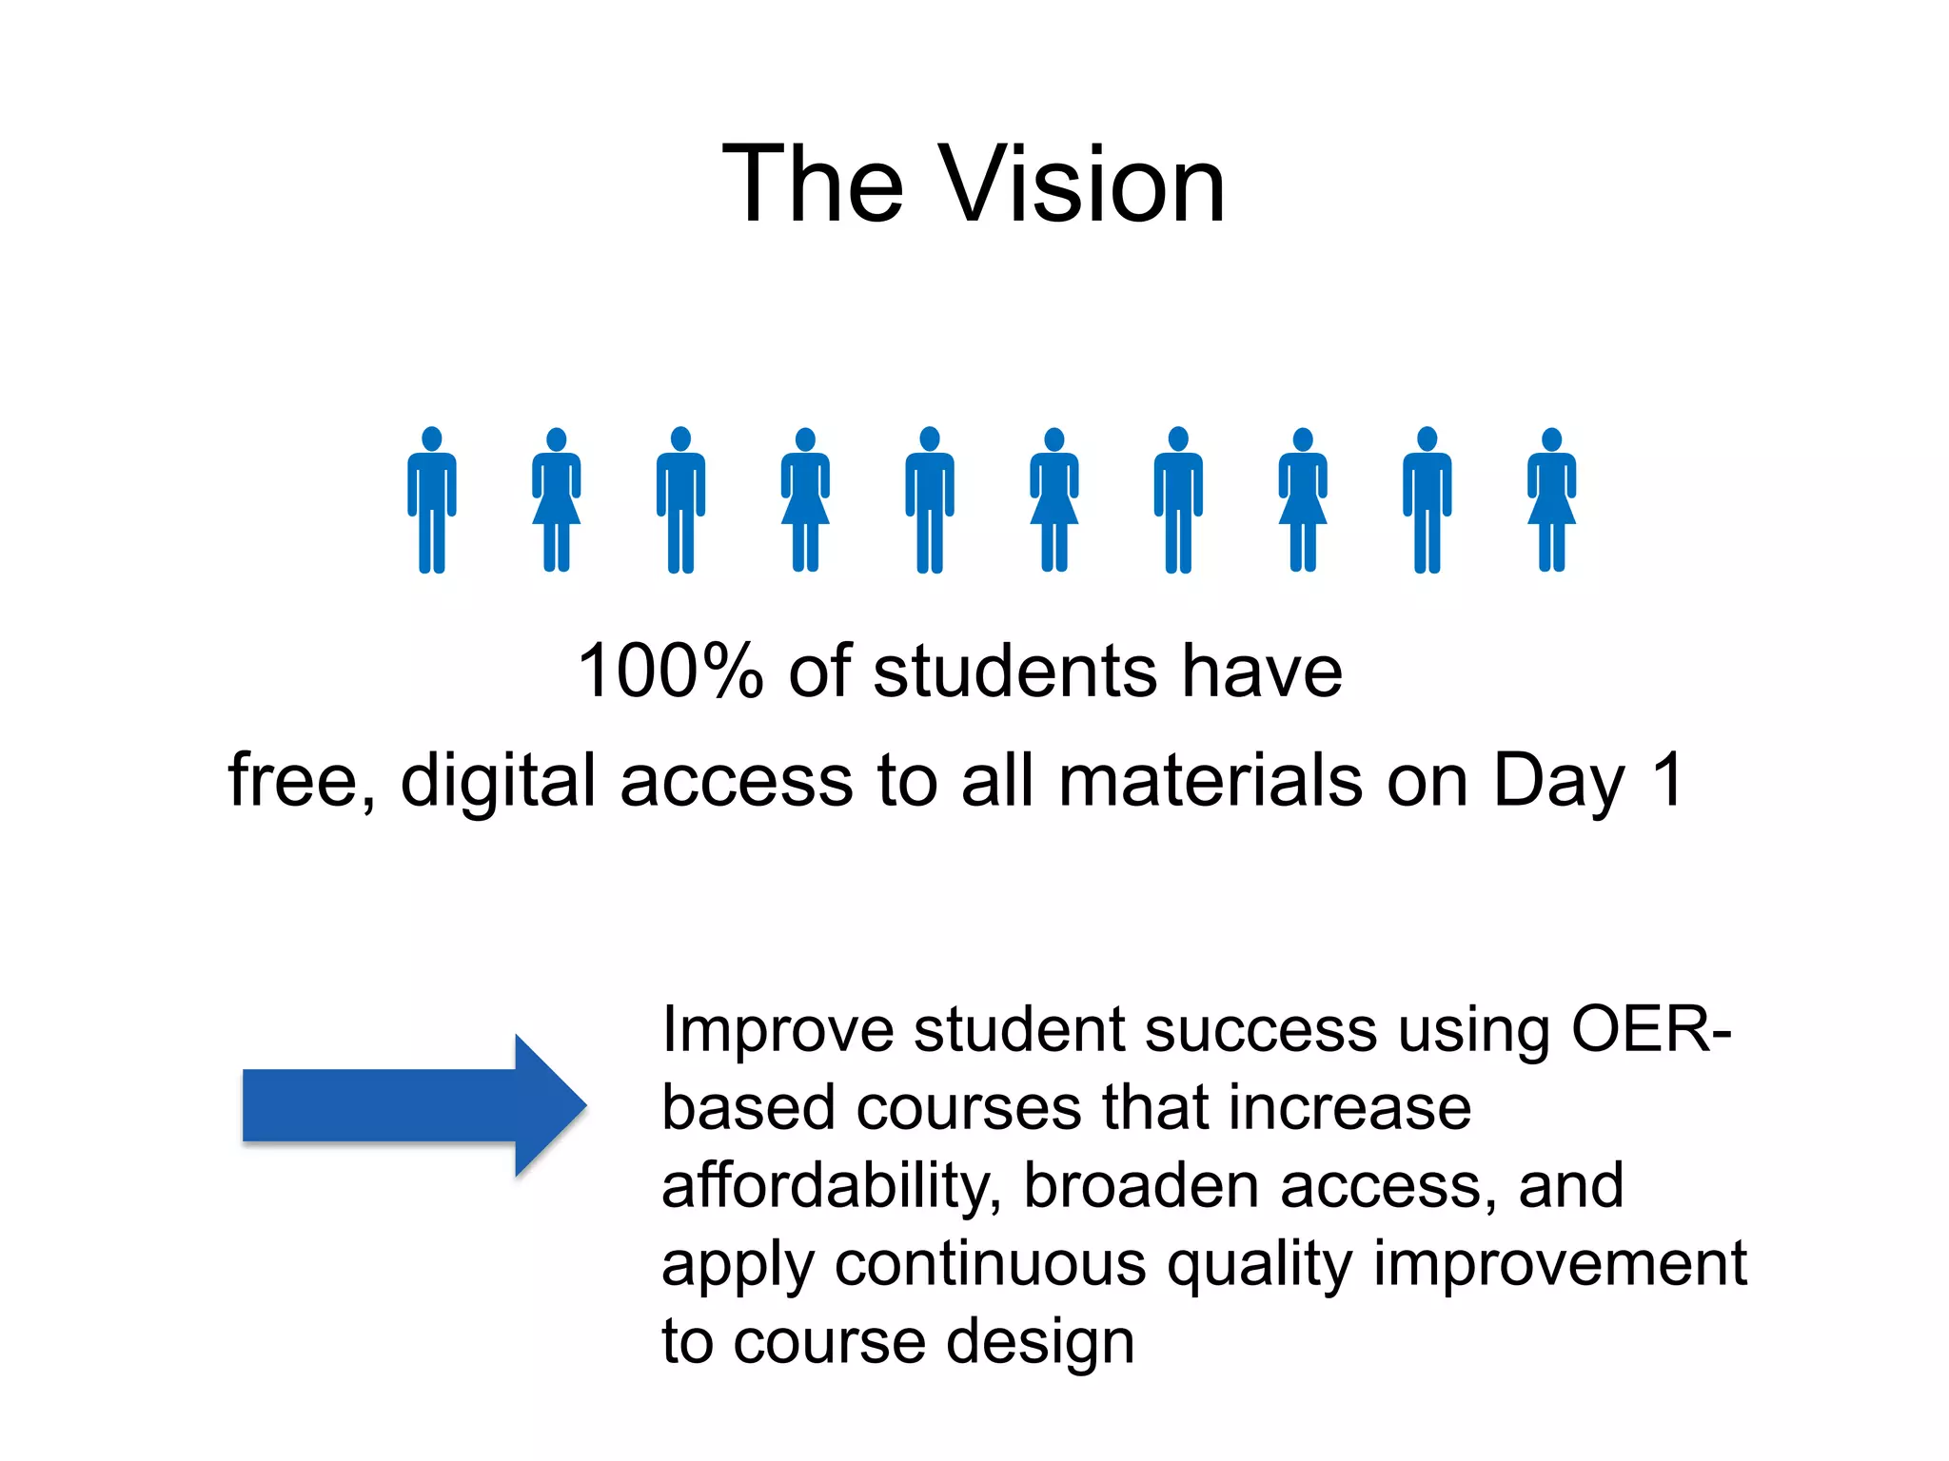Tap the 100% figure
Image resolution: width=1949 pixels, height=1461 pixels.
671,672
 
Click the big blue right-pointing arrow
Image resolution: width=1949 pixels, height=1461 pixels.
414,1105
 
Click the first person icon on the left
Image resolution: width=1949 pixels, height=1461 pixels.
432,500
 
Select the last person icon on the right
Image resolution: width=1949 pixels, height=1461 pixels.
1551,500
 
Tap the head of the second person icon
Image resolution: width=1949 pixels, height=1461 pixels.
557,439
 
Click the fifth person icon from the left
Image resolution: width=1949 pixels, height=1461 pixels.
930,500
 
